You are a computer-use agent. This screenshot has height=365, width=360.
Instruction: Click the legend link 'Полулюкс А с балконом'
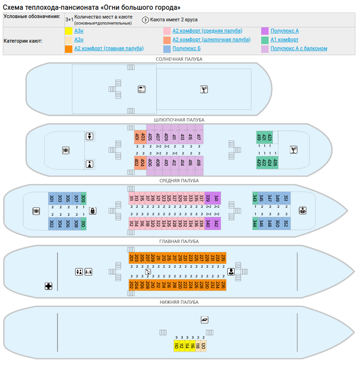pyautogui.click(x=299, y=48)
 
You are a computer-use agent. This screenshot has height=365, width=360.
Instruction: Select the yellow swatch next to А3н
pyautogui.click(x=68, y=31)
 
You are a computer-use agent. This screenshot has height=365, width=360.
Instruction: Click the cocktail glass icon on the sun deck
pyautogui.click(x=204, y=90)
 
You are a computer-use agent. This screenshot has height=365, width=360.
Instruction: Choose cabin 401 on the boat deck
pyautogui.click(x=137, y=137)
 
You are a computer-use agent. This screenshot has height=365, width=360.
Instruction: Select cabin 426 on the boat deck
pyautogui.click(x=275, y=163)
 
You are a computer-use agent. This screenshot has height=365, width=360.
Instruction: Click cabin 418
pyautogui.click(x=199, y=163)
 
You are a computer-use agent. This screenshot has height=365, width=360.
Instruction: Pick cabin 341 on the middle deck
pyautogui.click(x=216, y=198)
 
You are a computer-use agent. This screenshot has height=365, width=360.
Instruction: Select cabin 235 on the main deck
pyautogui.click(x=223, y=258)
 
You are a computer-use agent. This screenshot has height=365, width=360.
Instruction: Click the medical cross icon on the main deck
pyautogui.click(x=48, y=286)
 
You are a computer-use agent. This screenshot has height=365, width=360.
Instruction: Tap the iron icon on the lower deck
pyautogui.click(x=204, y=320)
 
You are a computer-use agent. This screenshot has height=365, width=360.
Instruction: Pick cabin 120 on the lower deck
pyautogui.click(x=203, y=346)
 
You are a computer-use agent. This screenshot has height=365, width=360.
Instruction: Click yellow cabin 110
pyautogui.click(x=176, y=346)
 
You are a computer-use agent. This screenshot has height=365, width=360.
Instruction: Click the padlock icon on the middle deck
pyautogui.click(x=93, y=211)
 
